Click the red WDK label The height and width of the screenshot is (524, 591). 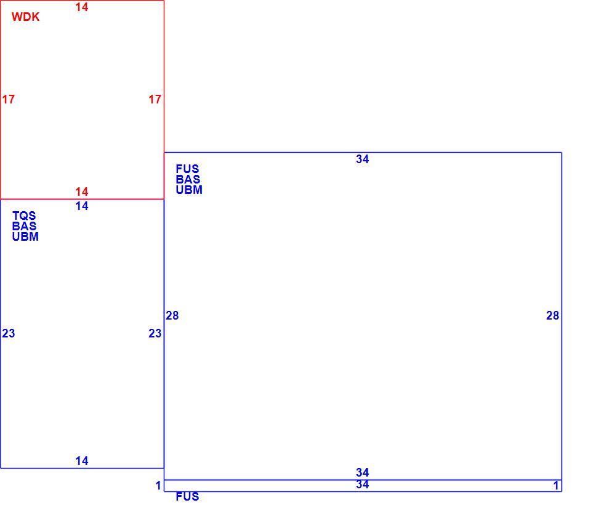tap(26, 17)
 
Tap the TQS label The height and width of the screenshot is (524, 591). tap(24, 216)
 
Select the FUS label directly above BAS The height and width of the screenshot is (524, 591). tap(187, 169)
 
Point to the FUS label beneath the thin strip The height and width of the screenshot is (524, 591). tap(187, 496)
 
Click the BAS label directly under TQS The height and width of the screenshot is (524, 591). tap(25, 226)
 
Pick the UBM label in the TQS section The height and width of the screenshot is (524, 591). tap(25, 236)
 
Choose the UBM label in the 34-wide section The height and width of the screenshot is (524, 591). tap(189, 190)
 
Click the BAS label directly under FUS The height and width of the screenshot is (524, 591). tap(188, 179)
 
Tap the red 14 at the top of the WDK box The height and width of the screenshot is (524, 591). tap(82, 7)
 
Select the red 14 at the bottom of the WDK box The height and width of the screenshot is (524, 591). tap(82, 192)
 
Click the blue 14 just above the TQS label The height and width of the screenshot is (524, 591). tap(82, 206)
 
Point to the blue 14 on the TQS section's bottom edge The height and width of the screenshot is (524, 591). tap(82, 461)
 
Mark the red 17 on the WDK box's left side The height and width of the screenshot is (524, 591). tap(8, 99)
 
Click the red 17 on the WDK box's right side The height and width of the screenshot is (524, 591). tap(155, 99)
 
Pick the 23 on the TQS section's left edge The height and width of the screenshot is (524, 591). tap(8, 333)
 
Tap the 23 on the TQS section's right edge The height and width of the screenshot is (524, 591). tap(155, 333)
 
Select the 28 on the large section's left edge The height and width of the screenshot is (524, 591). tap(172, 315)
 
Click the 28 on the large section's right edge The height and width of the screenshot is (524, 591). tap(553, 315)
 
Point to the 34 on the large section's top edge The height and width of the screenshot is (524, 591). tap(363, 159)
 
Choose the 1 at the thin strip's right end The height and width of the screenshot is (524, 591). tap(556, 486)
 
